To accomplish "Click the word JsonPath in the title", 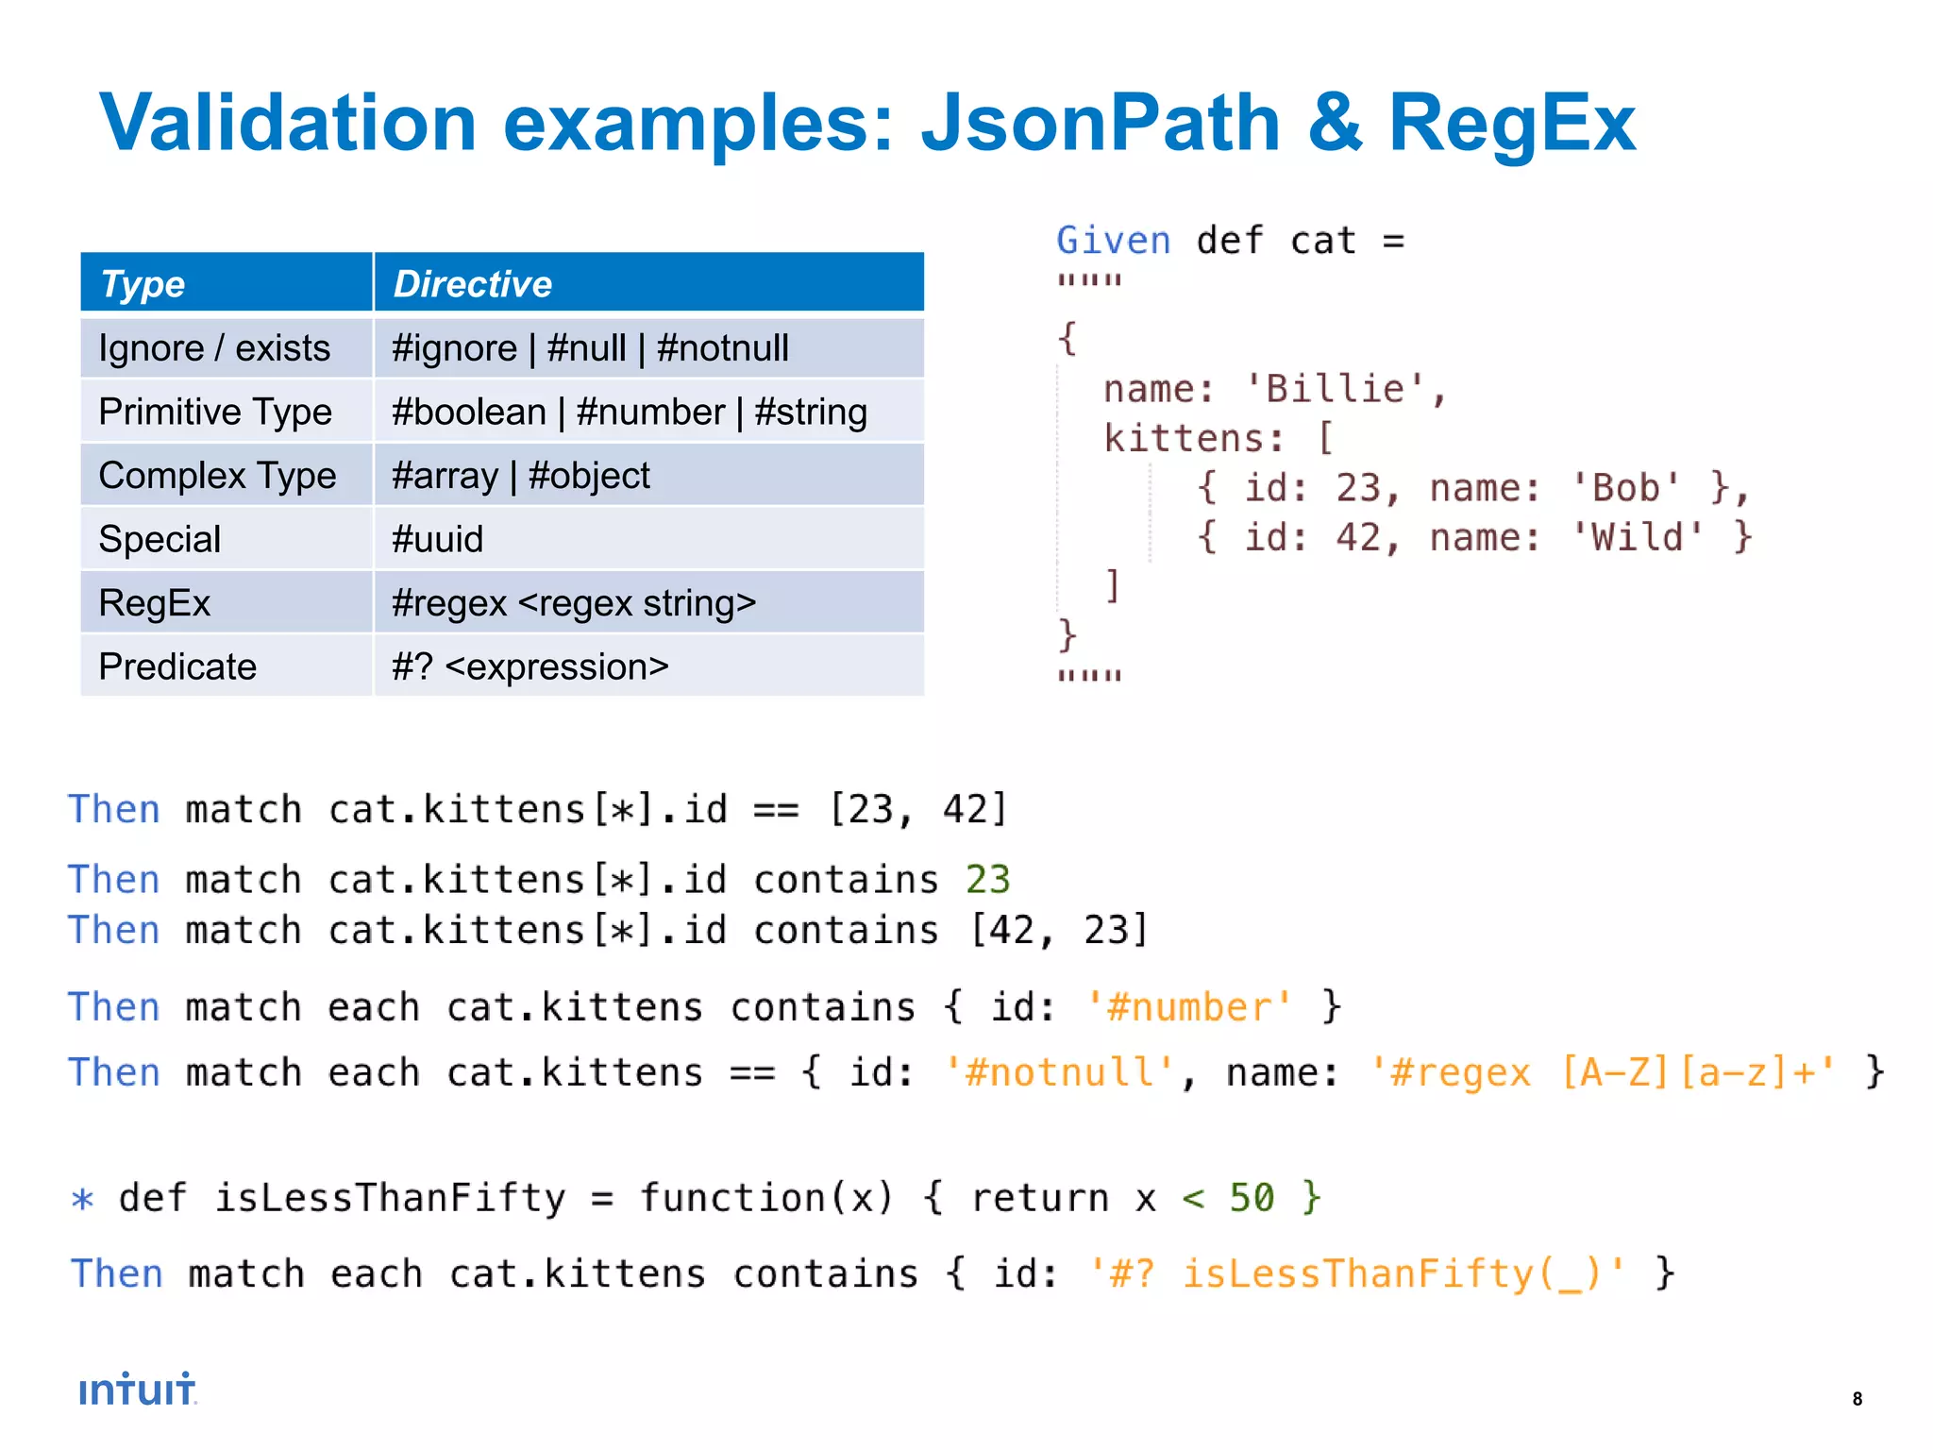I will pos(1100,124).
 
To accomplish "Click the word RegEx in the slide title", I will pos(1511,124).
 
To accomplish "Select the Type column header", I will pos(143,283).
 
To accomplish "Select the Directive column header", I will pos(472,283).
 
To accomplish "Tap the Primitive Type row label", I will pos(215,412).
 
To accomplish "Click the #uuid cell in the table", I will pos(437,539).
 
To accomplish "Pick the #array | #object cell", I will pos(520,476).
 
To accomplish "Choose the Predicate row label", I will pos(177,666).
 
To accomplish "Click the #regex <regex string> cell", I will pos(573,603).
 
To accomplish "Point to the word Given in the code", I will pos(1113,241).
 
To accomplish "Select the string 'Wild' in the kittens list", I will pos(1638,537).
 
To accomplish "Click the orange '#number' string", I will pos(1189,1007).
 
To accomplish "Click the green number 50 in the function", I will pos(1252,1198).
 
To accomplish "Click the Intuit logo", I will pos(138,1390).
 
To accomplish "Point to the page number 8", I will pos(1857,1399).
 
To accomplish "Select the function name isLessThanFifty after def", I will pos(390,1198).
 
